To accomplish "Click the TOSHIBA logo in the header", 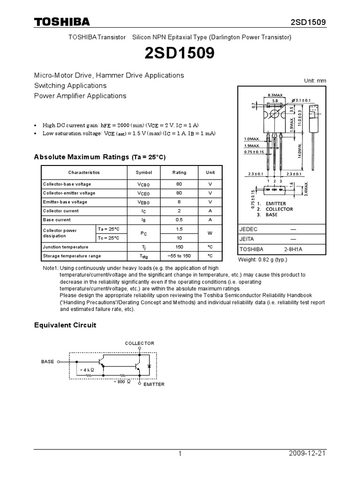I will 61,22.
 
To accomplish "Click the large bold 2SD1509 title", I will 180,54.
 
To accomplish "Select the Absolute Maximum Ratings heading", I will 100,157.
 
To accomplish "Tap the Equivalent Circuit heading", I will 65,325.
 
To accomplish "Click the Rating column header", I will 179,172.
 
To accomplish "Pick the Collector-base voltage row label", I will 67,184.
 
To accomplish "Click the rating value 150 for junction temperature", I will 179,247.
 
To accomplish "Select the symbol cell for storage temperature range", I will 144,256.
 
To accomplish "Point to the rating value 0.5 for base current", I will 179,220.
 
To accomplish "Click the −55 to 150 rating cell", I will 179,256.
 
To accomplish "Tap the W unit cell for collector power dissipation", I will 210,233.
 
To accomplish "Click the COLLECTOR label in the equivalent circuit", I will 139,344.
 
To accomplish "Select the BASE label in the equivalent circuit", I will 48,362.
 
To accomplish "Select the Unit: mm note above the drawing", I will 315,81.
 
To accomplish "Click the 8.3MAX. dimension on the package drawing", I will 275,95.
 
